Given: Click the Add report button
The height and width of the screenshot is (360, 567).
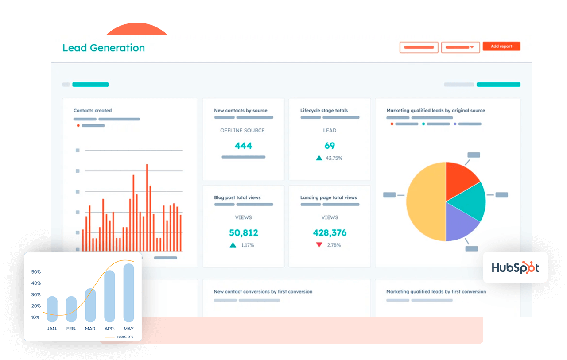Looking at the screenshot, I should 501,46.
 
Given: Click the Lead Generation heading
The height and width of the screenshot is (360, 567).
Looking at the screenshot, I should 104,48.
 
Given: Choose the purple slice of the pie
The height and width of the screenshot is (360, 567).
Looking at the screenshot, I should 461,223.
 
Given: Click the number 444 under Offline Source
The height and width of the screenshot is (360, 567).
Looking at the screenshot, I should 243,146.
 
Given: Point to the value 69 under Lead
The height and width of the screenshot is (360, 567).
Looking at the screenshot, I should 330,146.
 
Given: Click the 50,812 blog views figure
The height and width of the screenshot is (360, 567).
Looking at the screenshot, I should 243,232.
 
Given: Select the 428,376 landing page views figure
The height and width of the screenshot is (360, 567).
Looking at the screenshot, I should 330,232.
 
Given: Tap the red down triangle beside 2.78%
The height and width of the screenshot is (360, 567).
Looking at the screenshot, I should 319,245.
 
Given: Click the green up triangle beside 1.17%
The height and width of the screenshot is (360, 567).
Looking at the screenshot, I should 233,245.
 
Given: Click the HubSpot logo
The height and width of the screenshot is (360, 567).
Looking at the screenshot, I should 515,267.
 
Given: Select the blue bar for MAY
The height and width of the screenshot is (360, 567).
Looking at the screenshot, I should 128,293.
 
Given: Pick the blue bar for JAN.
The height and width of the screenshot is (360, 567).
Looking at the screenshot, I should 52,309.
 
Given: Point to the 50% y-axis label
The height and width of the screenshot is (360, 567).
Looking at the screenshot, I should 36,272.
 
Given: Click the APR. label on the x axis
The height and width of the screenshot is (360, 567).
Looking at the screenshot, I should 109,329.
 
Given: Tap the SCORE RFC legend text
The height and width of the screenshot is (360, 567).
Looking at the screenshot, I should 125,337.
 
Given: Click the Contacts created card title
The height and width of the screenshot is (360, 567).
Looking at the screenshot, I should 93,111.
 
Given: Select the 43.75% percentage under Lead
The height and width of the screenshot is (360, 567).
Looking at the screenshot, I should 334,158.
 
